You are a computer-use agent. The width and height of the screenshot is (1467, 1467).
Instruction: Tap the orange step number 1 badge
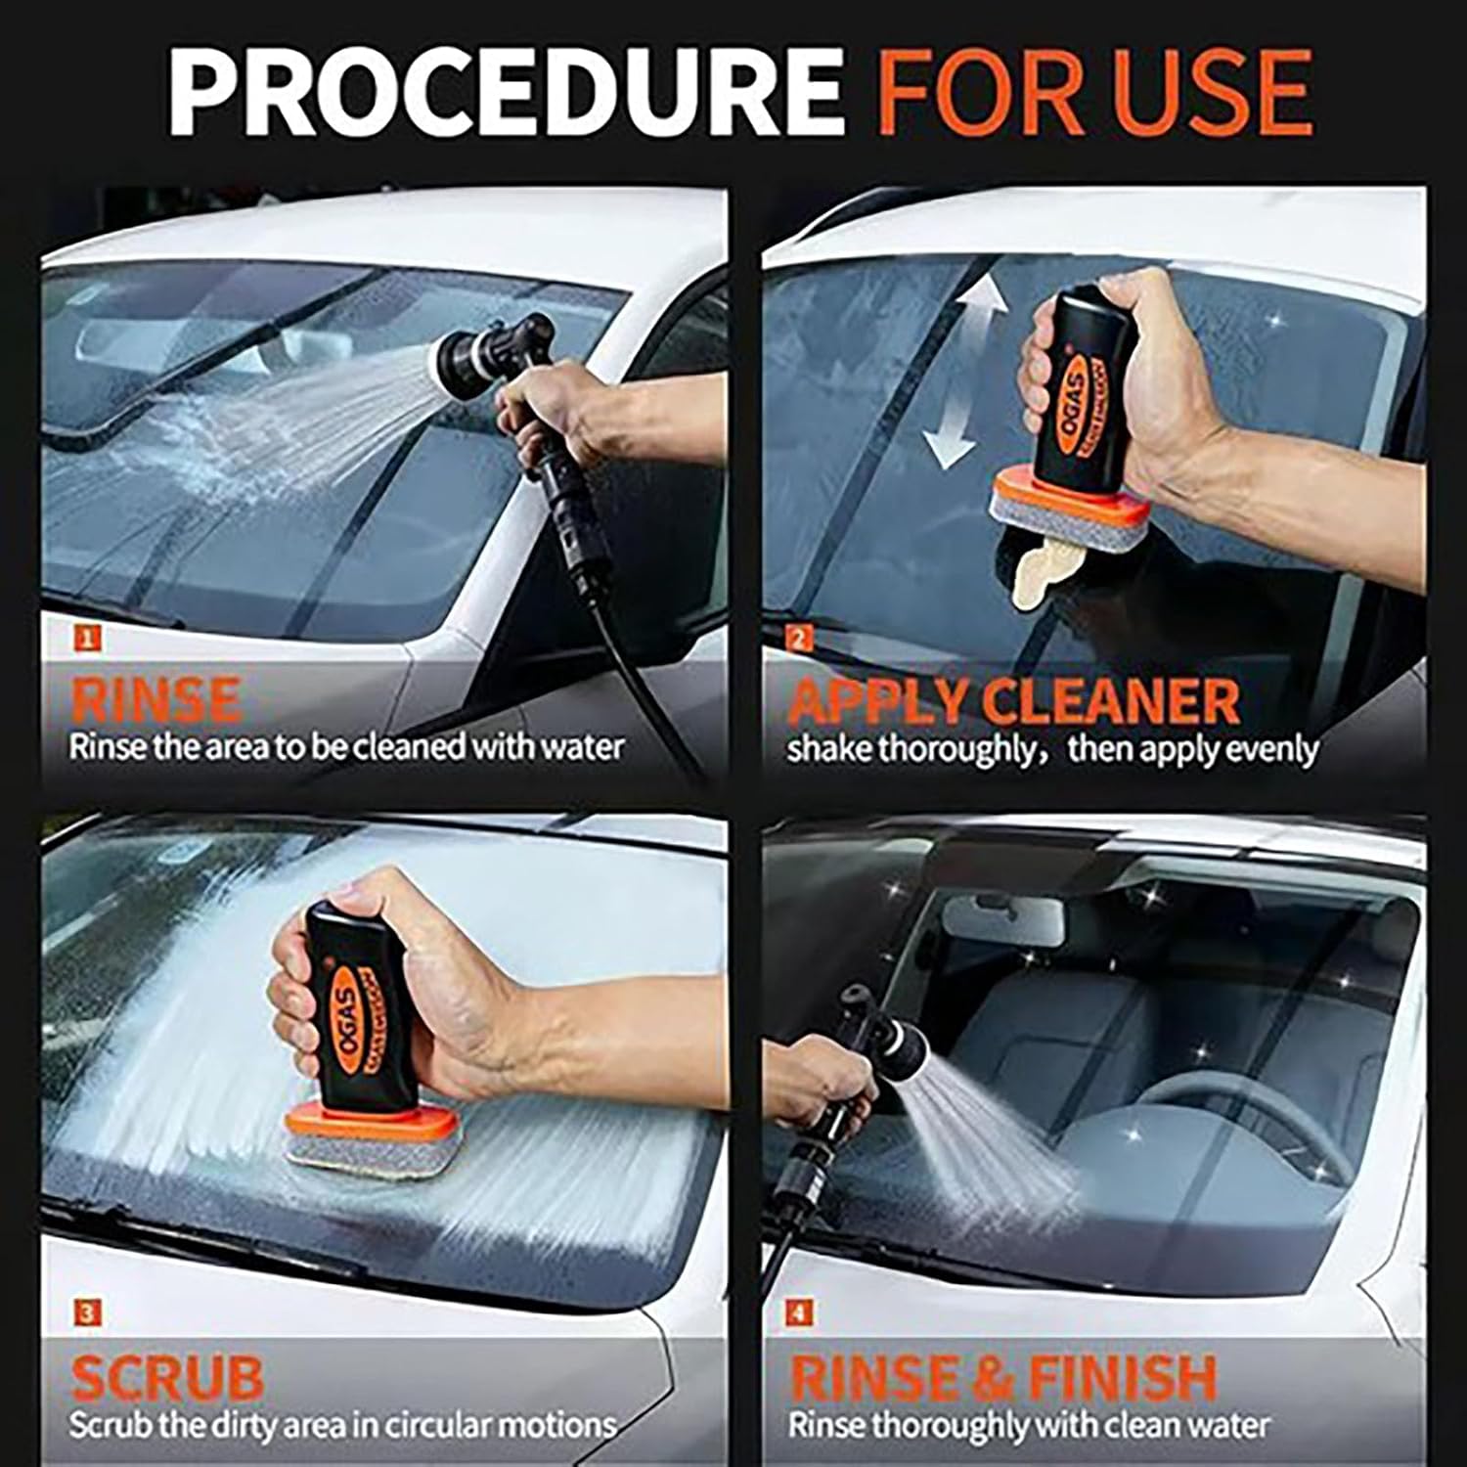(87, 640)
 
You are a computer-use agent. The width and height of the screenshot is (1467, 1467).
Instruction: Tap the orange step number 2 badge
(799, 640)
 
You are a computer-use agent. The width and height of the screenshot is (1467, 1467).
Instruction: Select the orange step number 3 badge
(87, 1312)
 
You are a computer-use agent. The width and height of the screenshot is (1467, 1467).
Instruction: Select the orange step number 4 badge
(799, 1312)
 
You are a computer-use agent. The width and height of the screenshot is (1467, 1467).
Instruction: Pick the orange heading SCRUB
(167, 1376)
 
